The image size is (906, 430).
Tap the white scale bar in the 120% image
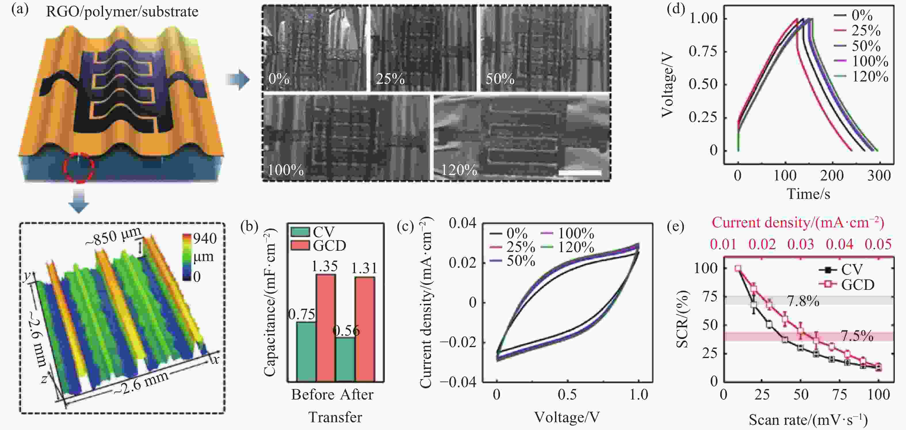(580, 173)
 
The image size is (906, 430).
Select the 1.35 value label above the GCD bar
(325, 266)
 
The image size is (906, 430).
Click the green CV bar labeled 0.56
(345, 359)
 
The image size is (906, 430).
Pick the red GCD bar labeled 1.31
(365, 329)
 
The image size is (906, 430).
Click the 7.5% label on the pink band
(857, 336)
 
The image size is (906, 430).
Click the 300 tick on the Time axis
(879, 175)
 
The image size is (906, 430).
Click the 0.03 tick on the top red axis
(800, 244)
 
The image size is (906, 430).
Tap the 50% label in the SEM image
(500, 79)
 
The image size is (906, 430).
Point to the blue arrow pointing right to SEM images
(238, 79)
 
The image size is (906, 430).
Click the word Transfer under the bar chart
(335, 417)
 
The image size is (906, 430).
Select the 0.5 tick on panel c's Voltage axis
(567, 395)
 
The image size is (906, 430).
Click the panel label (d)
(676, 9)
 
